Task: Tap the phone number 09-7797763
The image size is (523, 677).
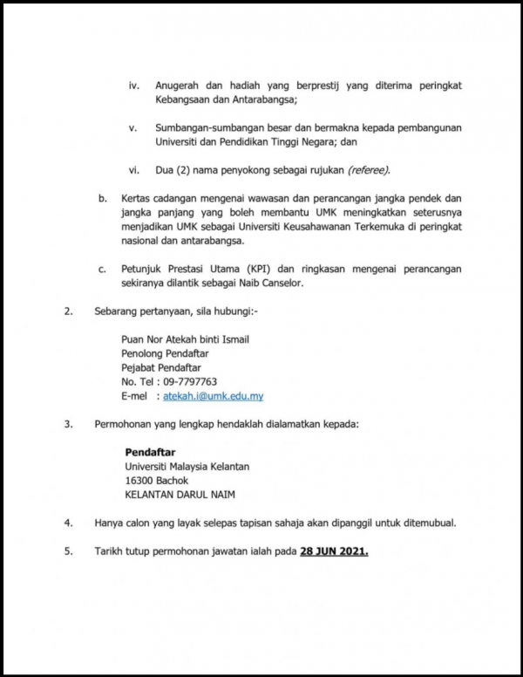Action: click(187, 382)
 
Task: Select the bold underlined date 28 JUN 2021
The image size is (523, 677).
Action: click(334, 552)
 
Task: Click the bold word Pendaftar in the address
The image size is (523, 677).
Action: click(150, 453)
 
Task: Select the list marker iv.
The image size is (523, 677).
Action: click(134, 85)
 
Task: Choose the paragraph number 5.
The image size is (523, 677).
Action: click(68, 552)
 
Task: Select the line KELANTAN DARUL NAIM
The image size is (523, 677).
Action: click(180, 495)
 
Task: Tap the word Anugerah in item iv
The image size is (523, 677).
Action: click(179, 85)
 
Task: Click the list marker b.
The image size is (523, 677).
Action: click(102, 199)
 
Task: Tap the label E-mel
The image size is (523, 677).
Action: click(136, 396)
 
